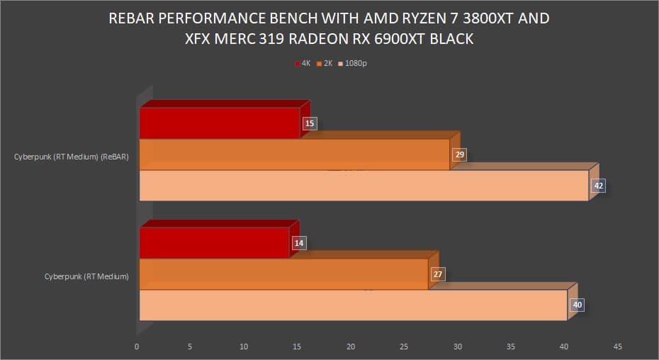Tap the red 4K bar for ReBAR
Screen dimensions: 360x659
(x=220, y=123)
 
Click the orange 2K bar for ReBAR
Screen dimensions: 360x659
(x=294, y=154)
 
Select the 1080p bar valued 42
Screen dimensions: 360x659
(x=364, y=186)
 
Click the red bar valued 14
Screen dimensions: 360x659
(x=215, y=243)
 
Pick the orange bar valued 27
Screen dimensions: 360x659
(x=283, y=274)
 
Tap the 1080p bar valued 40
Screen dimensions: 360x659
(x=353, y=305)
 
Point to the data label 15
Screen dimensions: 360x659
(x=309, y=123)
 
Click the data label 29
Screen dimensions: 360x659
(x=458, y=154)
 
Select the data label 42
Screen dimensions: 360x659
(x=599, y=186)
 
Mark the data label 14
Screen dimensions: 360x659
(x=298, y=243)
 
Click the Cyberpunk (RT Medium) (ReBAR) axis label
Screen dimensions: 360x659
(x=72, y=157)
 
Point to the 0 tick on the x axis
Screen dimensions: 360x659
(x=137, y=347)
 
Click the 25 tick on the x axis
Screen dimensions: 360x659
(x=404, y=347)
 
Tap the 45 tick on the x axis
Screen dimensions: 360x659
(x=617, y=347)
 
